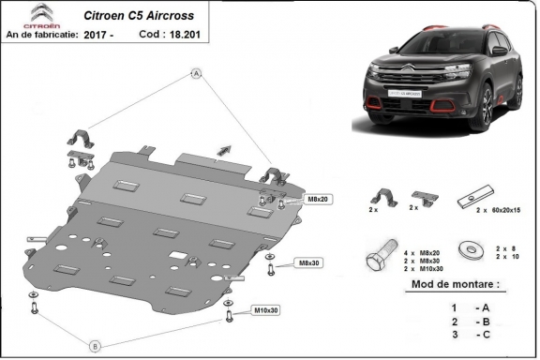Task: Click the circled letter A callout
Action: (197, 72)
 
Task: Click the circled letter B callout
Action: (94, 346)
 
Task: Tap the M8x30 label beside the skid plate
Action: (307, 262)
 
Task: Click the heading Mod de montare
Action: (456, 282)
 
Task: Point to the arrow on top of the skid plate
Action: (223, 147)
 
